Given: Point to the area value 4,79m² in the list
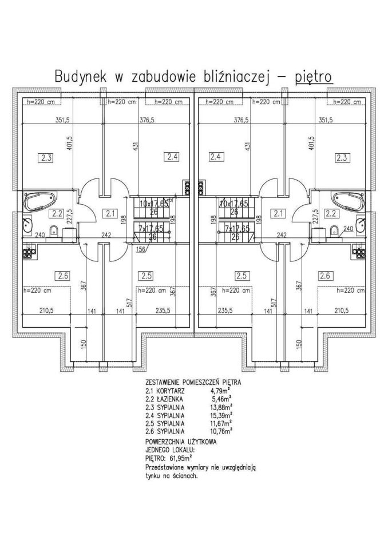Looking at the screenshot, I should click(223, 390).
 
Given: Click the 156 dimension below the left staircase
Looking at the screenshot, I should click(140, 248).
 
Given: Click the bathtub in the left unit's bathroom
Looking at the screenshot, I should click(39, 201).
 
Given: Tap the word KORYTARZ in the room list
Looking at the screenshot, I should click(169, 390).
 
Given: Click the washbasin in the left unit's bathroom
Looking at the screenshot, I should click(27, 225).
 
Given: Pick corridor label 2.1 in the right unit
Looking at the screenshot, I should click(279, 214).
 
